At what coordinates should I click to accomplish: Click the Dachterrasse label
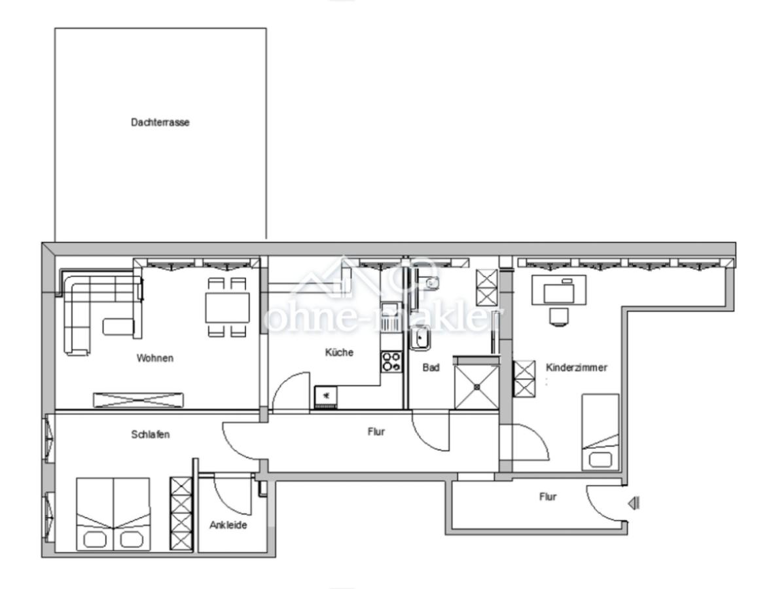coord(160,122)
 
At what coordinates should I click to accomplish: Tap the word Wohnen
coord(155,358)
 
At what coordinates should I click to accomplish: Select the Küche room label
coord(339,352)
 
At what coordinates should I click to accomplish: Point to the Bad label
coord(431,368)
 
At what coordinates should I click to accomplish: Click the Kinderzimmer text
coord(576,368)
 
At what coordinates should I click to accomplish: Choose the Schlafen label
coord(151,434)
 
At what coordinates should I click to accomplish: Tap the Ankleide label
coord(228,525)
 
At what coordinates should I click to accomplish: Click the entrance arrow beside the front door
coord(634,503)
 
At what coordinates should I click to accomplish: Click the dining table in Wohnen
coord(227,307)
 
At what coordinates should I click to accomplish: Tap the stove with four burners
coord(391,361)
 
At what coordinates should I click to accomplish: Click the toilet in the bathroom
coord(429,283)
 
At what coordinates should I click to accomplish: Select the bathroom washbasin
coord(419,338)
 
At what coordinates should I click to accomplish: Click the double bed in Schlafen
coord(113,514)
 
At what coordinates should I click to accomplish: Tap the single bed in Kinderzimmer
coord(600,431)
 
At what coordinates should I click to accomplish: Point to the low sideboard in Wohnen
coord(139,399)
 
